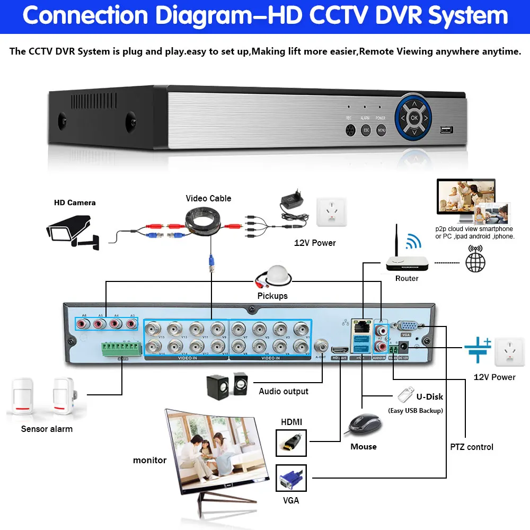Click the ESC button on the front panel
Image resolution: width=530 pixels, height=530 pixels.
click(365, 129)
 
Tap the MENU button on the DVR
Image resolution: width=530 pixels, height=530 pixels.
click(381, 129)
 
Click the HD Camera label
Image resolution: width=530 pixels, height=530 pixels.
click(75, 202)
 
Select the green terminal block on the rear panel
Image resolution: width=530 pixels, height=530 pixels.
click(122, 348)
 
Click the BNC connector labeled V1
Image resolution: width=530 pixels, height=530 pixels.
click(301, 328)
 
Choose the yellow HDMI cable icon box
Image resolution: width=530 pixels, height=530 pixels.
click(291, 443)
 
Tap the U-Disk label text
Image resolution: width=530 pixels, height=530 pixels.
click(429, 396)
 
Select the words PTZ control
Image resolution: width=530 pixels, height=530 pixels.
click(472, 447)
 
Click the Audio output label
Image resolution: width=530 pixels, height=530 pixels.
click(284, 391)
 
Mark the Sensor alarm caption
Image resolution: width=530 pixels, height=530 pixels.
click(47, 429)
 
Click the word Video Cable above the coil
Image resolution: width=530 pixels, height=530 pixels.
click(208, 198)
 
